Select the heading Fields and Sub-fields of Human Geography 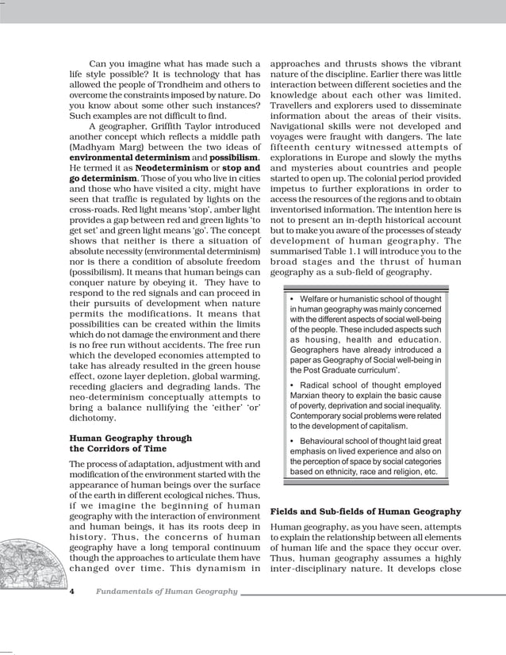(x=366, y=511)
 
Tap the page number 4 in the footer (x=72, y=592)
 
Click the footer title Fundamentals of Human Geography (x=167, y=592)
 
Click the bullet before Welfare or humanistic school (x=293, y=299)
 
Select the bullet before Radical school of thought (x=293, y=383)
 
